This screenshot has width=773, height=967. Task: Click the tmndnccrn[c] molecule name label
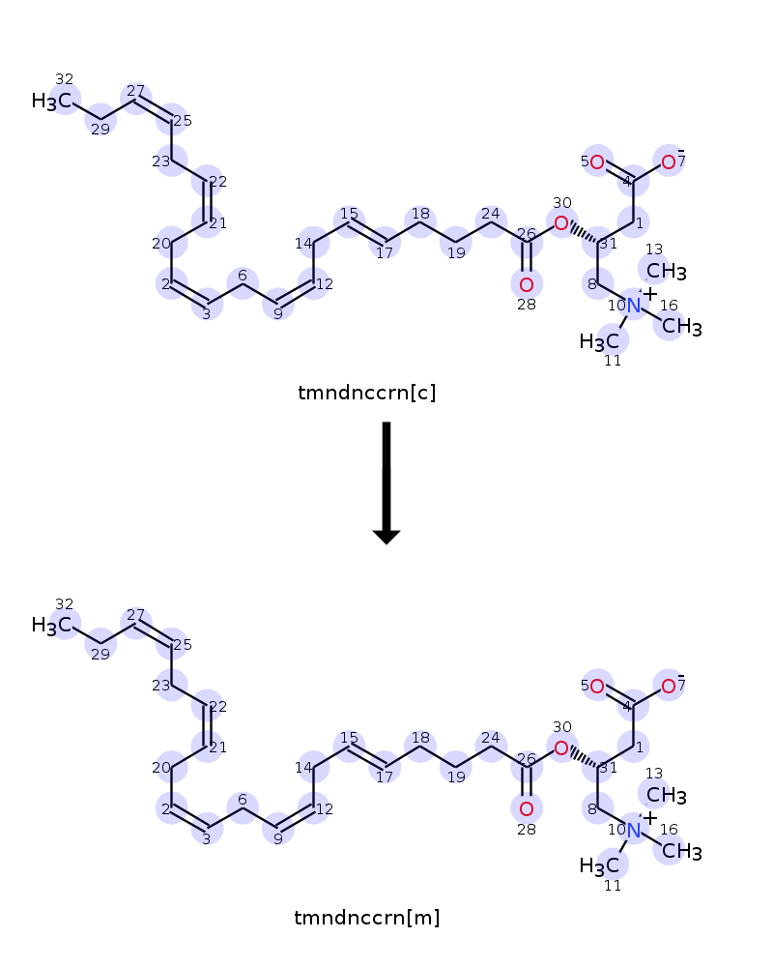(367, 393)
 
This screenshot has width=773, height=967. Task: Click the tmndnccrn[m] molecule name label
(367, 918)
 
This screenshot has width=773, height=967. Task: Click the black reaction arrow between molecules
(386, 483)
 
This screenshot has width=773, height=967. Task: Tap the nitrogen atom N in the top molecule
(634, 306)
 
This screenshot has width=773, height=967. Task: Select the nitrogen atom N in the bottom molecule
(634, 830)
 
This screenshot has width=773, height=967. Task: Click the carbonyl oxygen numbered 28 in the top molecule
(527, 284)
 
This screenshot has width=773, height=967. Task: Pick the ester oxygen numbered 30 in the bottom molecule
(561, 748)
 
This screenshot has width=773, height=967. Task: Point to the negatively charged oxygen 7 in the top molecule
(669, 162)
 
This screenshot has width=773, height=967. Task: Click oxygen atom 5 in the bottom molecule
(597, 687)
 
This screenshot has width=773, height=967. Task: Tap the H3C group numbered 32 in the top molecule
(52, 101)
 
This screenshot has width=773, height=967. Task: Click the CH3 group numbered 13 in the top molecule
(667, 271)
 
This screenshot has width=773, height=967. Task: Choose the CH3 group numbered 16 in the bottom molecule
(682, 851)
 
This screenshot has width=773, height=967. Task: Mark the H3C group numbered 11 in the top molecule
(599, 341)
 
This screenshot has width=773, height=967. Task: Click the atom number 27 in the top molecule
(135, 91)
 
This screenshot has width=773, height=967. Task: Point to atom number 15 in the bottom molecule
(349, 738)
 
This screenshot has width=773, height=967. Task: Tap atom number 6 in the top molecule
(243, 275)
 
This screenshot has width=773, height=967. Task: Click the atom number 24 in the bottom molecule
(491, 738)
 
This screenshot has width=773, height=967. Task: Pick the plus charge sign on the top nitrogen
(649, 294)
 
